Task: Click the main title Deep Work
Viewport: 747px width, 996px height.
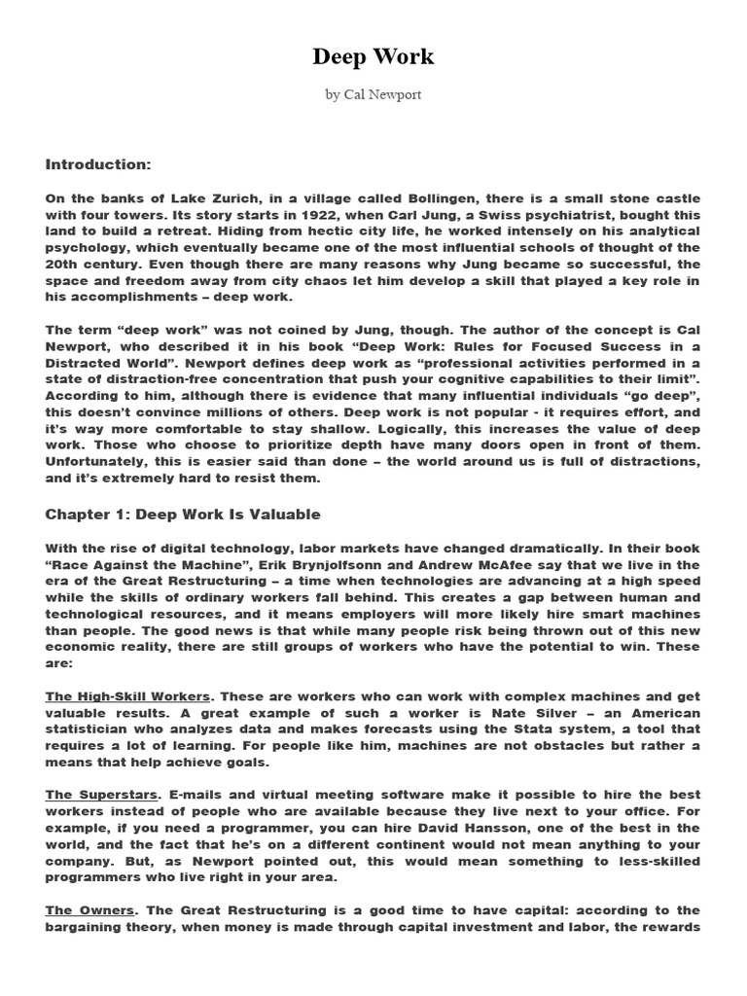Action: pyautogui.click(x=373, y=57)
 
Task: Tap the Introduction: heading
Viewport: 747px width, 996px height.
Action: pyautogui.click(x=98, y=164)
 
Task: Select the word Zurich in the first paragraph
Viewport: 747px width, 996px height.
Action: pyautogui.click(x=232, y=198)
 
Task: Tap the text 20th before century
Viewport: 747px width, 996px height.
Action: pyautogui.click(x=63, y=265)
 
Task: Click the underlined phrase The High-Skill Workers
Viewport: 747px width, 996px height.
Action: pyautogui.click(x=127, y=696)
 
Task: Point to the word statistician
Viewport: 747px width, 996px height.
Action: pyautogui.click(x=90, y=729)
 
